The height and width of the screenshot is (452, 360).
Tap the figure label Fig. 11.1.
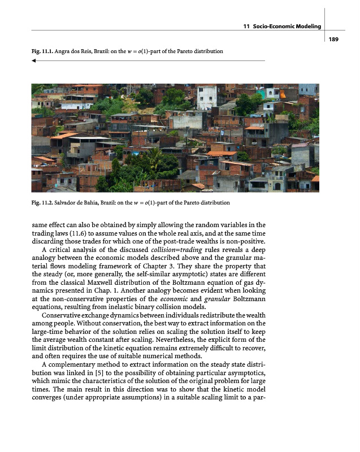[43, 51]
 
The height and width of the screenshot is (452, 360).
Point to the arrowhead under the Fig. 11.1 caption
[34, 60]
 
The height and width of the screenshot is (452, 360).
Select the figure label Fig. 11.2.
[43, 202]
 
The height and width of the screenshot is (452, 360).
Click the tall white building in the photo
[206, 97]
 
